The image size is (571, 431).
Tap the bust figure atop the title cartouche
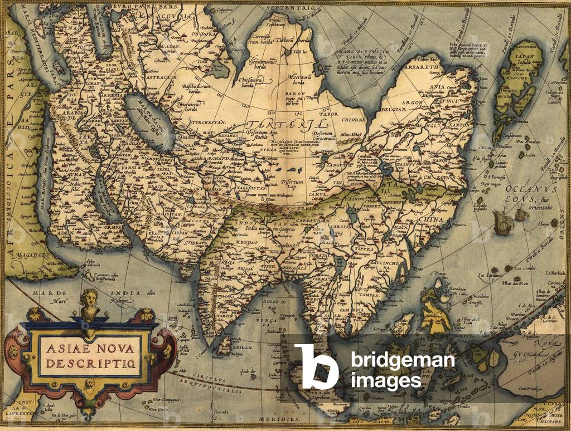click(x=89, y=304)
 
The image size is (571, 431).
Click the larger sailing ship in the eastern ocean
click(x=503, y=222)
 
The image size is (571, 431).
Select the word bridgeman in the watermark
click(x=403, y=361)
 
